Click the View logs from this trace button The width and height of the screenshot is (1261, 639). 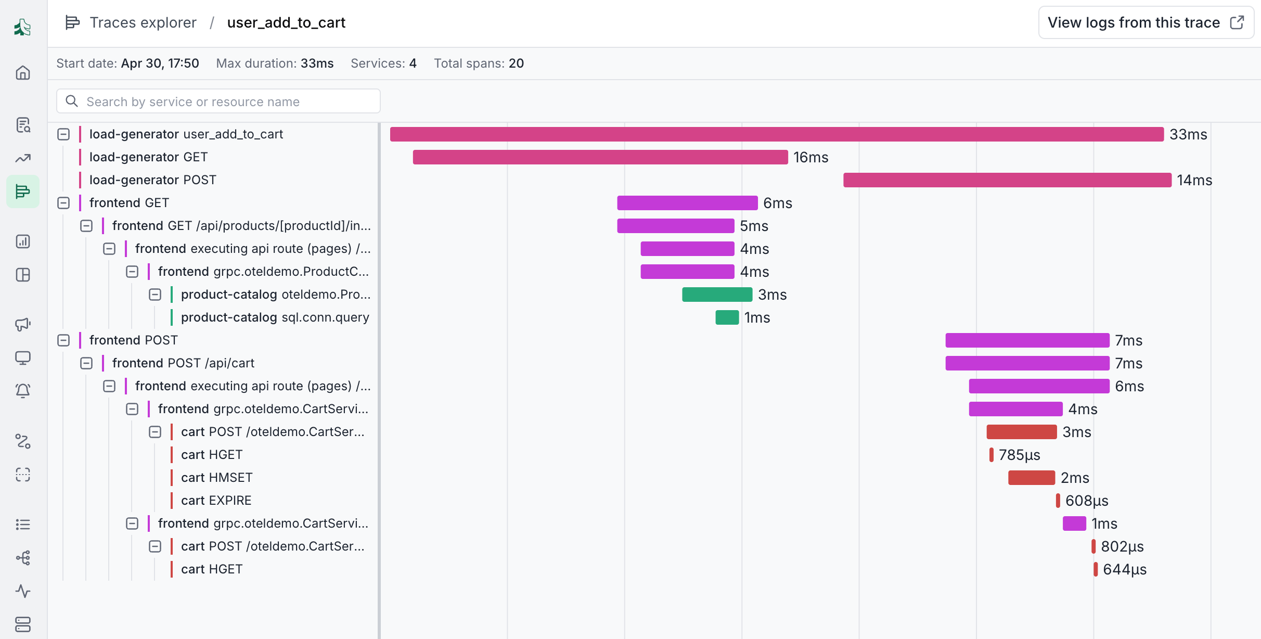click(1146, 22)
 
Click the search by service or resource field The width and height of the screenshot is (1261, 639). click(218, 101)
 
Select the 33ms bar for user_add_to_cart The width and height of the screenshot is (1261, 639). click(777, 134)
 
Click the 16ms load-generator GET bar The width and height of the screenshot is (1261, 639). click(600, 157)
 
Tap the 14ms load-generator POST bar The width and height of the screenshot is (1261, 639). click(1007, 180)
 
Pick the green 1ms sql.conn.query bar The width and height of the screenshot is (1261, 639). click(727, 317)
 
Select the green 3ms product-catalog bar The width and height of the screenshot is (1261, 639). click(717, 295)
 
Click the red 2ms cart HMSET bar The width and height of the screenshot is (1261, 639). click(1032, 478)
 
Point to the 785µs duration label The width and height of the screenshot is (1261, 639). click(1020, 455)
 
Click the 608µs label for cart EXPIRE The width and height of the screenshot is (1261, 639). click(1087, 501)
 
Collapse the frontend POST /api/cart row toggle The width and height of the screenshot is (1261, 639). click(86, 363)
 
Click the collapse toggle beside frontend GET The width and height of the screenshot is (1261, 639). click(63, 203)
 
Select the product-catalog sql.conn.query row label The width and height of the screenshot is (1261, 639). click(275, 317)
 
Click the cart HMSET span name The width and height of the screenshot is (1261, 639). click(217, 478)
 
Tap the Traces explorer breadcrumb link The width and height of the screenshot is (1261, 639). click(143, 22)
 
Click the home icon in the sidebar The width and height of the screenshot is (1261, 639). click(23, 72)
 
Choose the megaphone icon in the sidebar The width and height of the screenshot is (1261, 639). click(23, 324)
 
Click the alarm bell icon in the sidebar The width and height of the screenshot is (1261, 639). click(23, 390)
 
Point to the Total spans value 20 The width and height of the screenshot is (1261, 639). click(516, 63)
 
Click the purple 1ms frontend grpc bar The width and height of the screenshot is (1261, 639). click(1074, 523)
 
